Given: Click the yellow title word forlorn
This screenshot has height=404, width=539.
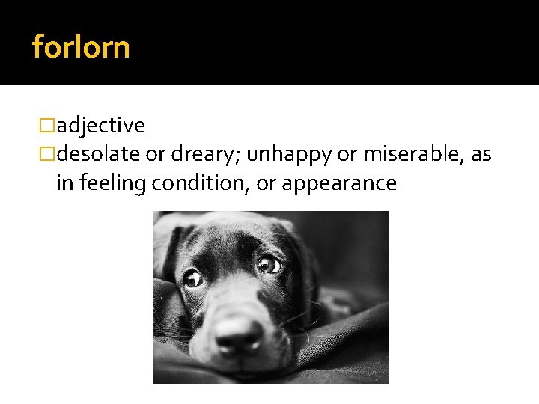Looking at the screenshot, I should coord(81,47).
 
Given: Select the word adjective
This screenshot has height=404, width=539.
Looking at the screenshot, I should coord(100,125).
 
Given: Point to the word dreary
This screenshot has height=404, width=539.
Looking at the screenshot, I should coord(202,154).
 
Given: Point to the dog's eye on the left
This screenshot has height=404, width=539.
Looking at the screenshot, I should coord(193,278).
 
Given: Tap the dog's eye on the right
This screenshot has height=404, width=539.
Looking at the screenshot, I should coord(267,263).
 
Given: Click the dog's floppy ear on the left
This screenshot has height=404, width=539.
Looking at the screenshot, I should coord(168,247).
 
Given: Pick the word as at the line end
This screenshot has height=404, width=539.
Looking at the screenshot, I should coord(481,154).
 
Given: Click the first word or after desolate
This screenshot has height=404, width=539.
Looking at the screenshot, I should coord(155,154).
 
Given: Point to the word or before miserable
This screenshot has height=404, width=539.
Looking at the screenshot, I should coord(346,154).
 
